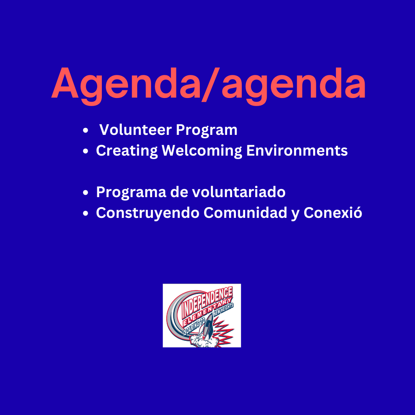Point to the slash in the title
tap(211, 85)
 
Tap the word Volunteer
tap(136, 130)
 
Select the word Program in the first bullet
tap(206, 131)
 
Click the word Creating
tap(127, 151)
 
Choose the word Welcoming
tap(202, 151)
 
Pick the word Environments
tap(297, 150)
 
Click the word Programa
tap(131, 193)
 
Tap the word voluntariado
tap(239, 192)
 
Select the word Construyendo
tap(148, 213)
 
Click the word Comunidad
tap(245, 212)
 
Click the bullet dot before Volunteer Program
tap(85, 130)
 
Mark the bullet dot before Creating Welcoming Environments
tap(85, 151)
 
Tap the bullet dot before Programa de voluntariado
tap(85, 193)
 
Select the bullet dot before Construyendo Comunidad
tap(85, 213)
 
